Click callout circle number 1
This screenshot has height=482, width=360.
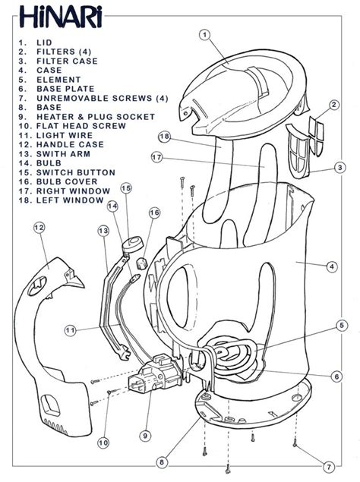pyautogui.click(x=204, y=34)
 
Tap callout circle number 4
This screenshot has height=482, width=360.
pyautogui.click(x=332, y=266)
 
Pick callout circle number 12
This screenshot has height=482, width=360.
pyautogui.click(x=39, y=227)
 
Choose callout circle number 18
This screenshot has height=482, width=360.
pyautogui.click(x=165, y=137)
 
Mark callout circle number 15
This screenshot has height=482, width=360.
pyautogui.click(x=126, y=188)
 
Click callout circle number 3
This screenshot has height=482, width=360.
pyautogui.click(x=341, y=168)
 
